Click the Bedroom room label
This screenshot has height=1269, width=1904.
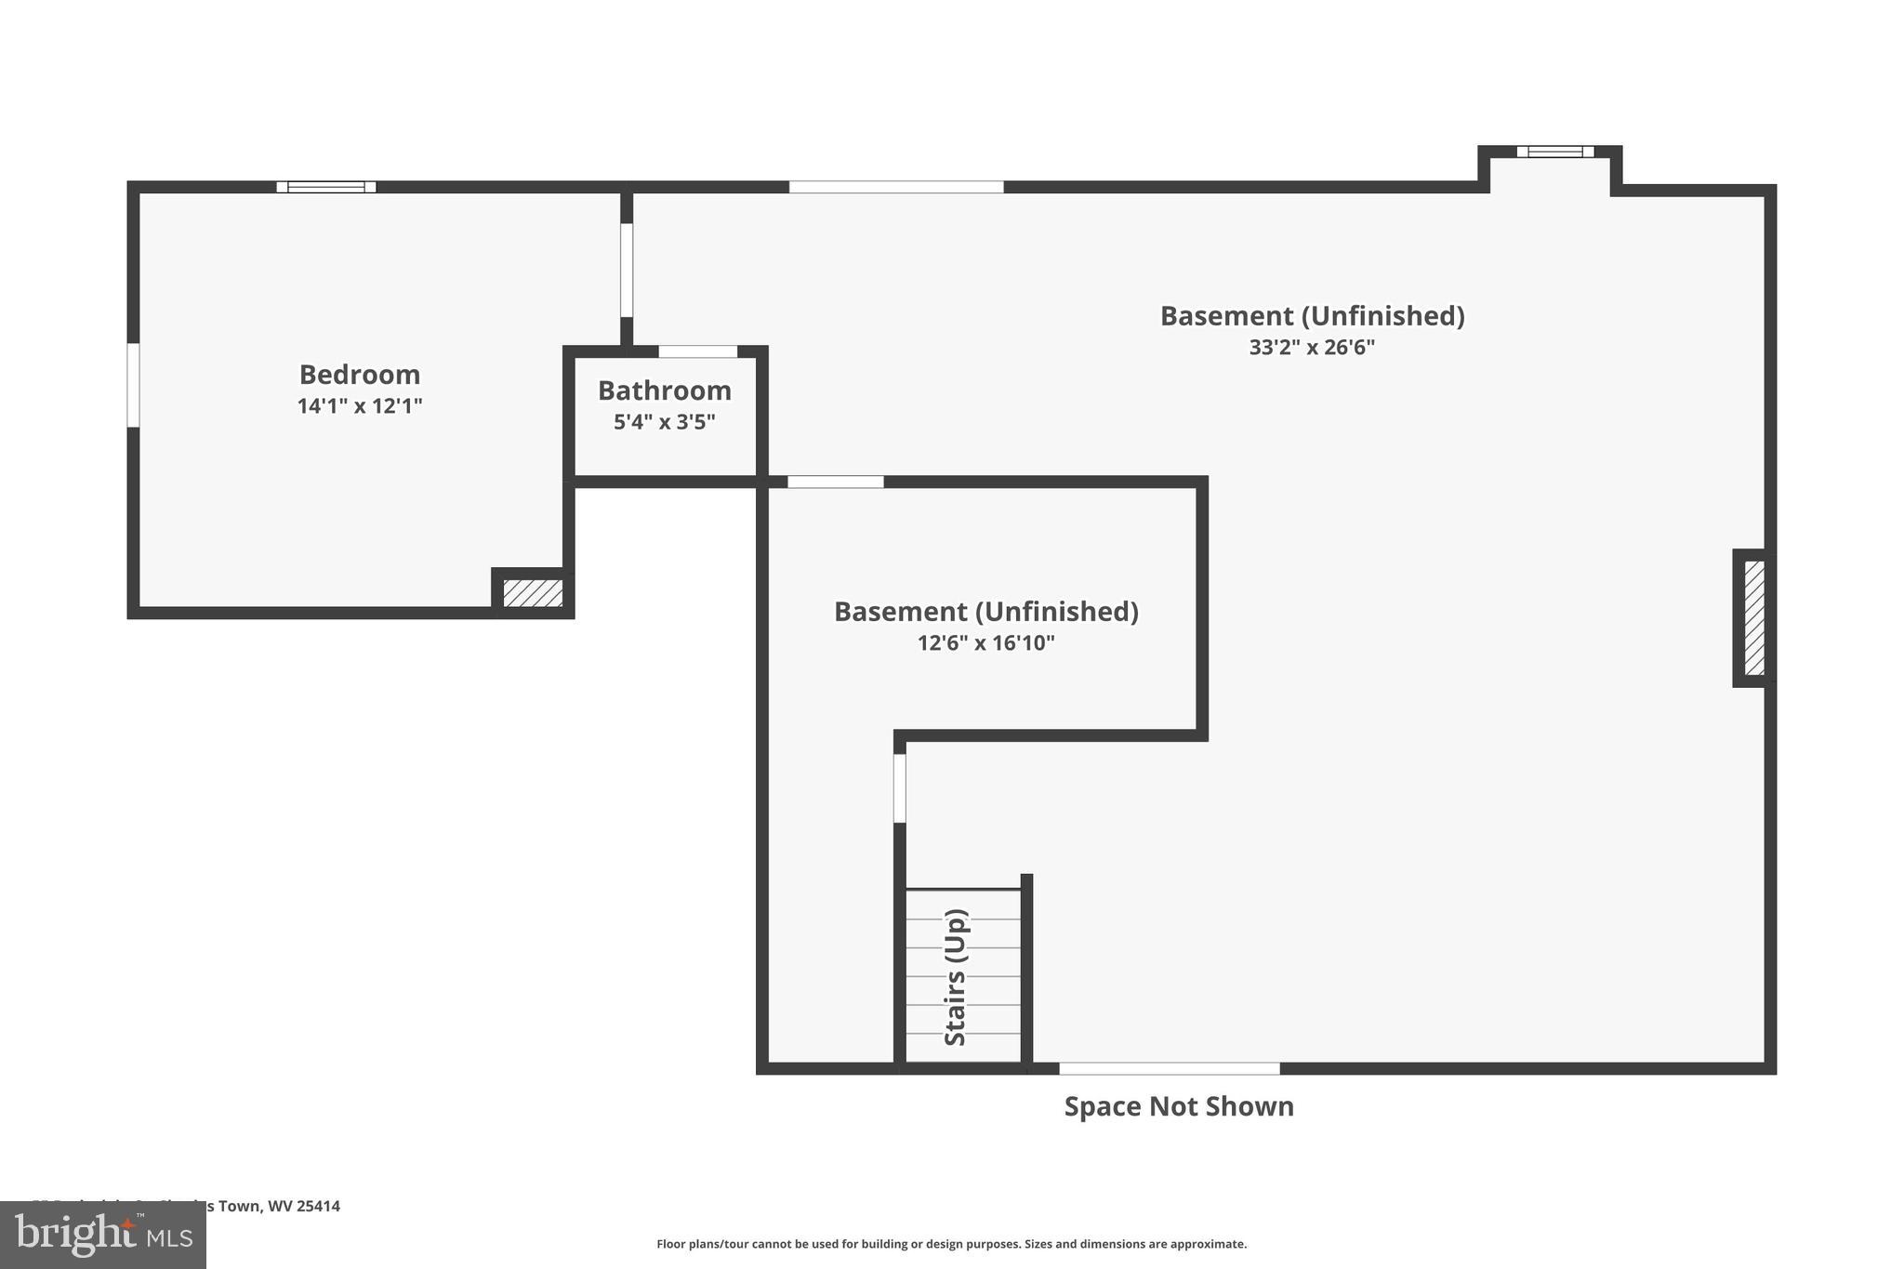click(x=360, y=375)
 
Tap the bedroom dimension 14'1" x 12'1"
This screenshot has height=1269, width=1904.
click(x=360, y=406)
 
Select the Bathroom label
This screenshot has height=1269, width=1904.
click(x=664, y=390)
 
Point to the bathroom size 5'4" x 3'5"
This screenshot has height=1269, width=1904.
click(x=664, y=422)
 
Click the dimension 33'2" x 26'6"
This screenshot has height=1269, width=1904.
click(x=1312, y=348)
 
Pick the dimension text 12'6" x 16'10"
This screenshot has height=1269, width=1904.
click(x=985, y=643)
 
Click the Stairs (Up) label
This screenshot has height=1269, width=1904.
click(x=956, y=977)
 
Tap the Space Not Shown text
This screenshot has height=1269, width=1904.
click(x=1178, y=1106)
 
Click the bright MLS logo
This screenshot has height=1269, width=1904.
click(x=102, y=1236)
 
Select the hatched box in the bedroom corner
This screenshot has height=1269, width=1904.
click(x=533, y=593)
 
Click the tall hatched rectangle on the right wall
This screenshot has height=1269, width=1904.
click(x=1754, y=618)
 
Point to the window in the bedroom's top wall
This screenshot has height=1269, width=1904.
click(x=326, y=187)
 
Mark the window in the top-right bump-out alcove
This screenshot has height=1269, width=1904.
click(x=1554, y=152)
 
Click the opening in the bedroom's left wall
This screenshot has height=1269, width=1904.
click(x=133, y=385)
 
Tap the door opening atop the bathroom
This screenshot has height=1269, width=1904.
click(x=697, y=351)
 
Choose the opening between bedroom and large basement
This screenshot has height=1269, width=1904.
click(x=627, y=270)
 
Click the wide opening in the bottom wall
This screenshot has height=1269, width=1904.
click(x=1169, y=1068)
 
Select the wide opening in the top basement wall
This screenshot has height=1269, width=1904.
click(x=895, y=187)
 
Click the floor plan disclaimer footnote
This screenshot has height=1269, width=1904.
click(x=951, y=1244)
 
